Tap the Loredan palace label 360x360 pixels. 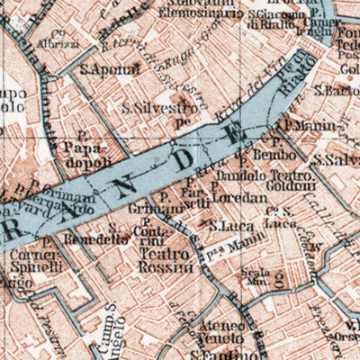[x=241, y=195]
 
